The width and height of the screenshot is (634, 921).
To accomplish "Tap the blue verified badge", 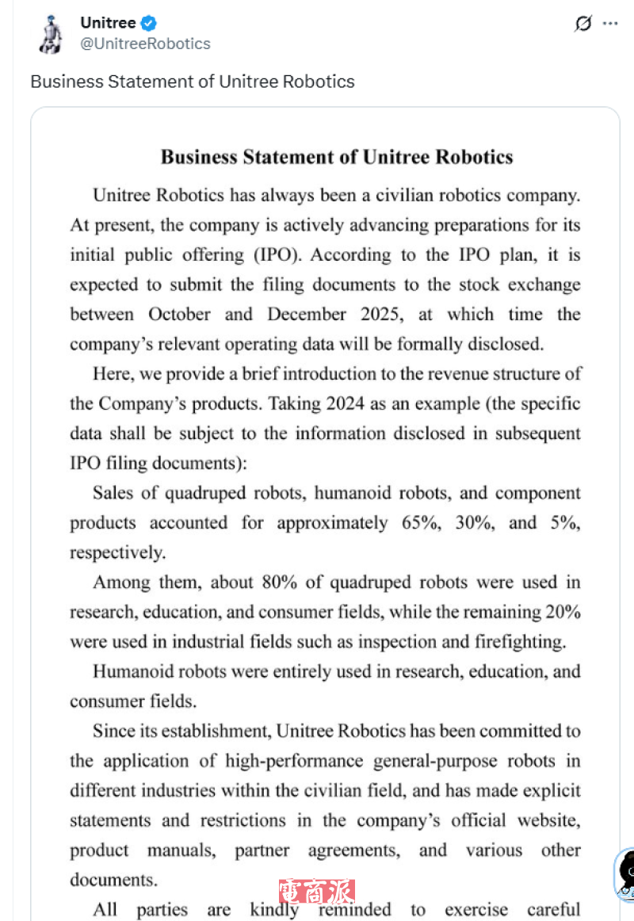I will coord(149,24).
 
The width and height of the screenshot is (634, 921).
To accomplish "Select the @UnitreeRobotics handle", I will coord(145,44).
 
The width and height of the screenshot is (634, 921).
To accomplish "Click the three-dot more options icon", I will coord(609,24).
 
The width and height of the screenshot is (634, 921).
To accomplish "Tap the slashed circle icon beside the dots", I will coord(582,24).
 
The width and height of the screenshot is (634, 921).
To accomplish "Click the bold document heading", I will coord(337,156).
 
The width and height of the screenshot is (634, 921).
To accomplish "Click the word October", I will coord(179,315).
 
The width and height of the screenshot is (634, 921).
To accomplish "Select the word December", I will coord(307,315).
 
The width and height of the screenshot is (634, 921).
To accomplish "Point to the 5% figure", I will coord(563,523).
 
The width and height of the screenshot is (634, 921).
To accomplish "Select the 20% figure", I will coord(563,612).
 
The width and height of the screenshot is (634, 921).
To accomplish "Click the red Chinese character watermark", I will coord(316,892).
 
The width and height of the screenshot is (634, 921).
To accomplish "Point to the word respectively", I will coord(117,552).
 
